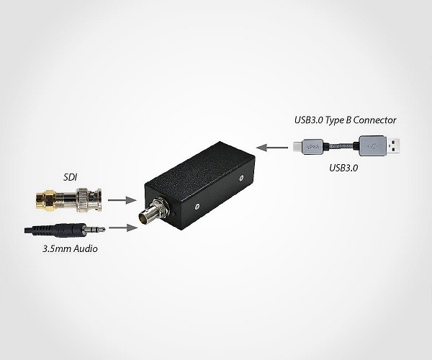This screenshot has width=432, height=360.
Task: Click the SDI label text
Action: [x=71, y=177]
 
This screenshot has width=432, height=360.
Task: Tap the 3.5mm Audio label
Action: [x=70, y=248]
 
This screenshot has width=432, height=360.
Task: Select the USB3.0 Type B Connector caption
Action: [x=345, y=120]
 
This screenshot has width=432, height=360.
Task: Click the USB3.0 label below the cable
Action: [x=343, y=168]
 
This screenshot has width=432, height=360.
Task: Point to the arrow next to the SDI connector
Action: [x=122, y=200]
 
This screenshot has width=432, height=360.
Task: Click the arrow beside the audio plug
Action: [x=123, y=228]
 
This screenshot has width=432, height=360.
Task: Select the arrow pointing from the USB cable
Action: [x=272, y=148]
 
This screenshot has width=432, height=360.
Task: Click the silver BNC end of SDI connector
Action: [x=88, y=199]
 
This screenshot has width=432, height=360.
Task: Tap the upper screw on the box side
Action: [x=241, y=178]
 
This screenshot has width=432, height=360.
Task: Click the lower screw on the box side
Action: [x=197, y=207]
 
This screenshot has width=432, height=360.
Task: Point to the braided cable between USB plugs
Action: [x=341, y=146]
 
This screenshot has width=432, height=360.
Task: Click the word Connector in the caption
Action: [x=374, y=120]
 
